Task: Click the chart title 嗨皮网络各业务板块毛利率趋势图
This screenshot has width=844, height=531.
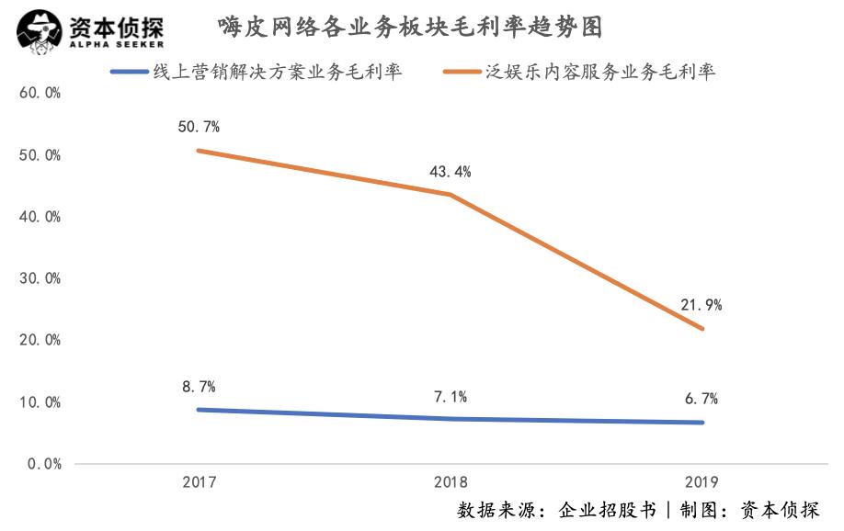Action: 410,28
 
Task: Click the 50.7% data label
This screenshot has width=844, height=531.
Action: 199,127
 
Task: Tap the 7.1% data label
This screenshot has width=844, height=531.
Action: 451,397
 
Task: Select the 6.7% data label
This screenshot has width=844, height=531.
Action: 701,399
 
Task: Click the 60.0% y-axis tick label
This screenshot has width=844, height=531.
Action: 39,94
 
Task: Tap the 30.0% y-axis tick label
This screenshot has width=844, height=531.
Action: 39,278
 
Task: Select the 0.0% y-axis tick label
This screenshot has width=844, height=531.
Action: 42,464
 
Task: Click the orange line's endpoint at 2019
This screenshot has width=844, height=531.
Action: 702,328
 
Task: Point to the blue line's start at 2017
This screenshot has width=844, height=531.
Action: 200,410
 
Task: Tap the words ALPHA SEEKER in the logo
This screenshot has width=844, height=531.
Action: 116,43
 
